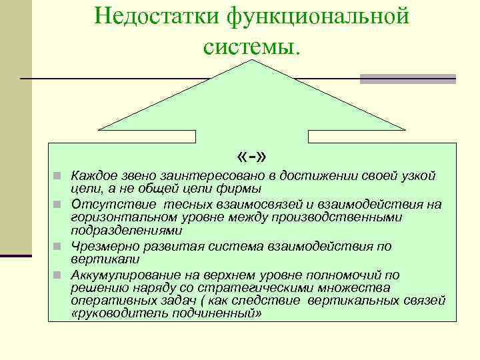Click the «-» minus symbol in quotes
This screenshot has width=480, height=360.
pos(251,157)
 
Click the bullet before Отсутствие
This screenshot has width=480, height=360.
pos(58,204)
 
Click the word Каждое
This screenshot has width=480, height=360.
pos(93,175)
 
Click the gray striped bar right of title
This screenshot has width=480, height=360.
pos(407,79)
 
